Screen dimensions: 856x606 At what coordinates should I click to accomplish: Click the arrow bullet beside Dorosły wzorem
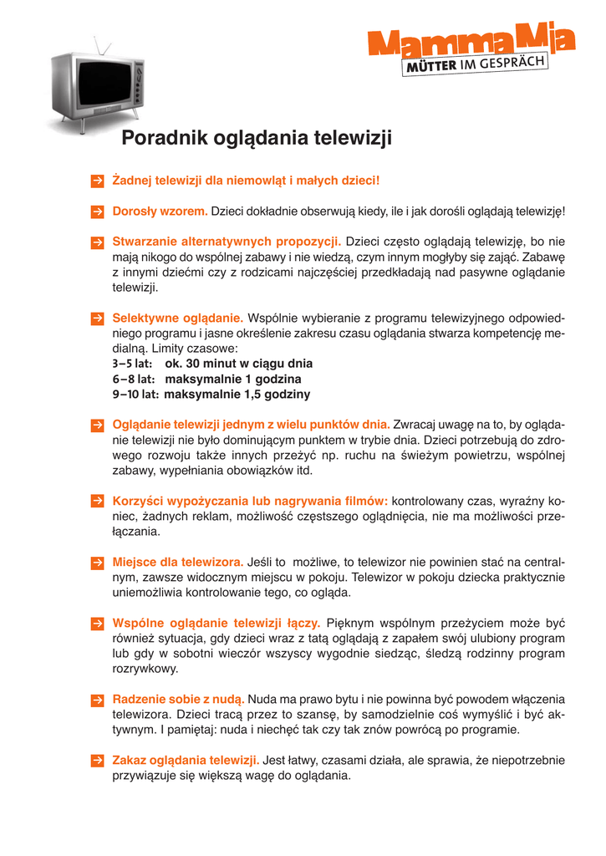click(x=97, y=211)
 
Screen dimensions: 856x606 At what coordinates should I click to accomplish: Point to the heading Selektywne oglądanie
click(x=178, y=318)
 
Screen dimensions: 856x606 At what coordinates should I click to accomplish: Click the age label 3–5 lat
click(x=135, y=364)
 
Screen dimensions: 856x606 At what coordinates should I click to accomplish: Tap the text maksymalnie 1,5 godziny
click(x=237, y=394)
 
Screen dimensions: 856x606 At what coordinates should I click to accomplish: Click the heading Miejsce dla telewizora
click(x=178, y=562)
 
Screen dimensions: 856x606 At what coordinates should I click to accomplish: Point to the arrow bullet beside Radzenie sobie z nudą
click(x=97, y=699)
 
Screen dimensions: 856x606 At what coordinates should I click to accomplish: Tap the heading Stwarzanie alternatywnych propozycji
click(x=227, y=242)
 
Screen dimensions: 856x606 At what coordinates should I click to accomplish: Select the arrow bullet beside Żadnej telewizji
click(x=97, y=181)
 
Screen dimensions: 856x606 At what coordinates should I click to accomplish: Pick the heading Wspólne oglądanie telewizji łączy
click(x=216, y=623)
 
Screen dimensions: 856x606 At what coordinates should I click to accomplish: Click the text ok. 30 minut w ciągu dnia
click(x=239, y=364)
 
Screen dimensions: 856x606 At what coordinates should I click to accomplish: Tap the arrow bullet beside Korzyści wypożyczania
click(x=97, y=501)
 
